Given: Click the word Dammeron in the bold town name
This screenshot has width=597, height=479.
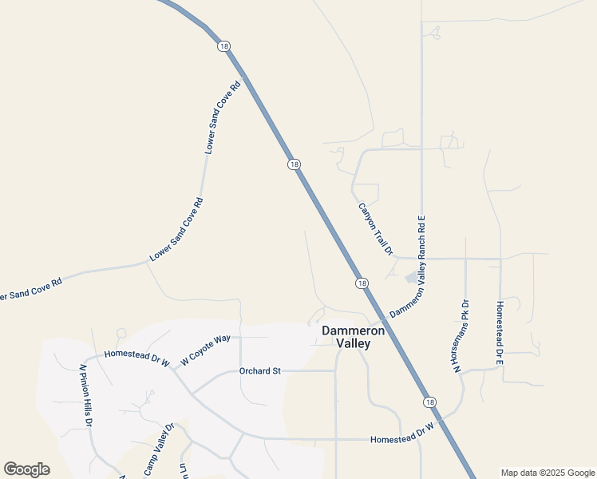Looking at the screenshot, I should [354, 330].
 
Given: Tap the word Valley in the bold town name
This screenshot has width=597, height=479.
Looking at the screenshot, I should [354, 343].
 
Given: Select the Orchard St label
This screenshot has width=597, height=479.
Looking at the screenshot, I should [261, 370].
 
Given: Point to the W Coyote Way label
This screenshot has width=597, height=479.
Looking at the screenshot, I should [205, 349].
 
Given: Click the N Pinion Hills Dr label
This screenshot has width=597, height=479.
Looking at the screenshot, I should [86, 397].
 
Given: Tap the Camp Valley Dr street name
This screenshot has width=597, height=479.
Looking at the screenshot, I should [158, 446].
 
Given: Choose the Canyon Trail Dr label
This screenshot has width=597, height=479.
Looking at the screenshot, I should [375, 228].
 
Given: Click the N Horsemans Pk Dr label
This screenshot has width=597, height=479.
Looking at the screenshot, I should [461, 335].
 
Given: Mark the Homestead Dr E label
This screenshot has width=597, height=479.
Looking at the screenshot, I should [500, 334].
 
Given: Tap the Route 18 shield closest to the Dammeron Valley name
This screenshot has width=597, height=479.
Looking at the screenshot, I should [362, 283].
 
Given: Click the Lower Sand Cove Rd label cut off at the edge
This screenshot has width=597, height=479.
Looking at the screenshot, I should [30, 290].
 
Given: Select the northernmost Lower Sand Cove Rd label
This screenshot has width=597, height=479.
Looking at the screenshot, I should [223, 117].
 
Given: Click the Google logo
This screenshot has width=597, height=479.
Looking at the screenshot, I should [26, 469].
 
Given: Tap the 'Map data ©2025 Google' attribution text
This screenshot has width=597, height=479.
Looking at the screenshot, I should [548, 473].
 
